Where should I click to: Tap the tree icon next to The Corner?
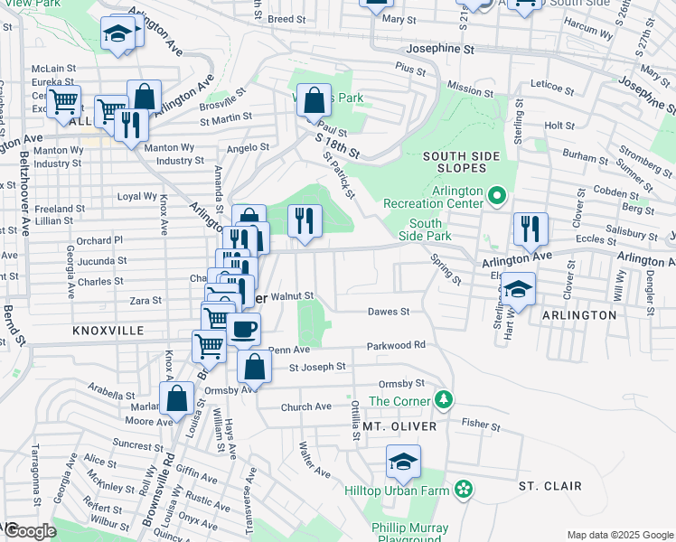(442, 399)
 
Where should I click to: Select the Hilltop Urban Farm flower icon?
(464, 489)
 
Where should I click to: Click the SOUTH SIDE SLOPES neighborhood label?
(461, 164)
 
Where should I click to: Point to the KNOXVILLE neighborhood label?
(108, 332)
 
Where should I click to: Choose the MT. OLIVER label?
(399, 425)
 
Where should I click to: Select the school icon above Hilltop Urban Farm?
(403, 463)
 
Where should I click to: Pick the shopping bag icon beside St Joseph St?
(255, 366)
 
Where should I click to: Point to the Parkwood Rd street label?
(396, 345)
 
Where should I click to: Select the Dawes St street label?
(389, 312)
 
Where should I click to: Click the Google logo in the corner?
(30, 531)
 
